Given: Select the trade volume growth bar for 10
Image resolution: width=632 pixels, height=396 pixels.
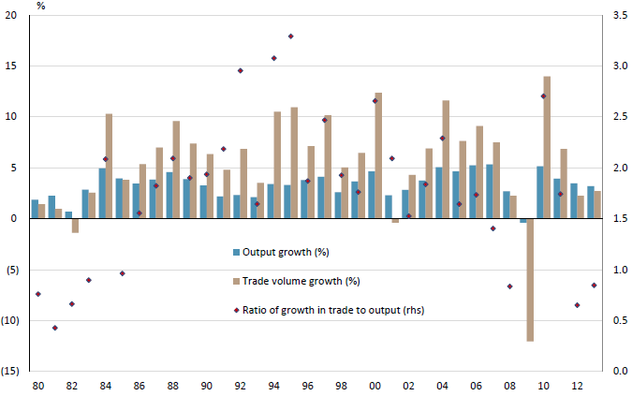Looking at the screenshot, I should pyautogui.click(x=547, y=147).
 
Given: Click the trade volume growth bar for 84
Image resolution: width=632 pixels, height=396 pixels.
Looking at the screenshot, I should pyautogui.click(x=109, y=166).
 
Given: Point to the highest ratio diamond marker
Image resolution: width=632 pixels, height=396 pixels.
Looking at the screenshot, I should pyautogui.click(x=290, y=37).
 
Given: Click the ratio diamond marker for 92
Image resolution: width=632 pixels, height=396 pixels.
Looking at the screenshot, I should pyautogui.click(x=240, y=70).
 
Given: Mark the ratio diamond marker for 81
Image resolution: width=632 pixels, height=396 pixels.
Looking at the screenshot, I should pyautogui.click(x=54, y=328).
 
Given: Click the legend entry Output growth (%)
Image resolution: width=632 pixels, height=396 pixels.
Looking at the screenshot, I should pyautogui.click(x=286, y=253).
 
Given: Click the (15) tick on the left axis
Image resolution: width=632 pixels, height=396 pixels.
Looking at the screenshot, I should pyautogui.click(x=11, y=372).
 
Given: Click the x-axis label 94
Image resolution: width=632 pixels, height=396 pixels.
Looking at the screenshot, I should pyautogui.click(x=273, y=386).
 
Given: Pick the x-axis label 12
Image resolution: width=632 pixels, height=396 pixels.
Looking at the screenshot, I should pyautogui.click(x=577, y=386).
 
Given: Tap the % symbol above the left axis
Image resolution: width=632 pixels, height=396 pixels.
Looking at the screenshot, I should pyautogui.click(x=41, y=6).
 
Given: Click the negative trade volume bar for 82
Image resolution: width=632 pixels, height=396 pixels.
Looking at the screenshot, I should pyautogui.click(x=75, y=225).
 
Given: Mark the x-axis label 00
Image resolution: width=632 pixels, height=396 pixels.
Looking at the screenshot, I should pyautogui.click(x=375, y=386).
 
